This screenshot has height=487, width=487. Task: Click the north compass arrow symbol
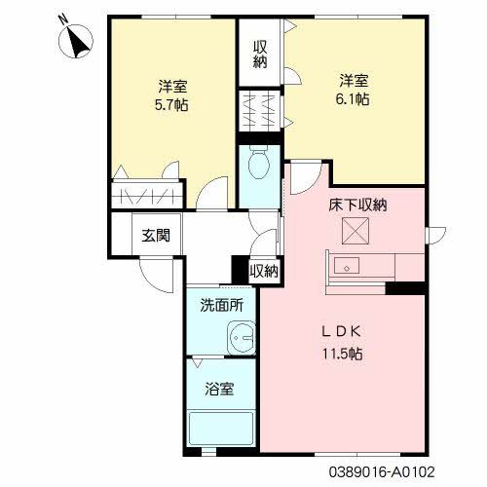coord(75,40)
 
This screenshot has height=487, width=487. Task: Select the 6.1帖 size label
coord(353,98)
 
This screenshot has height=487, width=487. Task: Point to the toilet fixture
coord(259,167)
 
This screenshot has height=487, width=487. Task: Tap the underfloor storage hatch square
coord(352,232)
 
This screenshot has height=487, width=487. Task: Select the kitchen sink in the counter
coord(348,265)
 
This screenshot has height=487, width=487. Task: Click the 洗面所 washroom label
coord(222,304)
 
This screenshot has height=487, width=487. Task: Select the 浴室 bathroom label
coord(218,390)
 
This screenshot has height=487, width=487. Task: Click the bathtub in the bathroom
coord(221,429)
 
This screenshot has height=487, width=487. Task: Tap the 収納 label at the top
coord(261,55)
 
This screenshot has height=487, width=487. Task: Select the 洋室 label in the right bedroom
coord(353,78)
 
